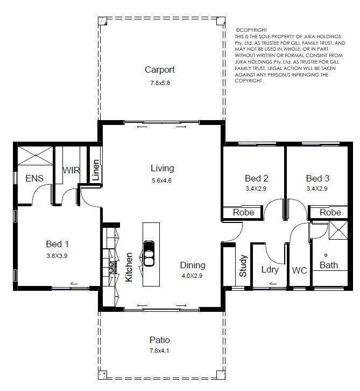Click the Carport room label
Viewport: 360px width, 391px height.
coord(160,70)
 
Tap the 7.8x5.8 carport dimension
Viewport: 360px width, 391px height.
coord(160,83)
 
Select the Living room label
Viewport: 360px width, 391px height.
coord(162,169)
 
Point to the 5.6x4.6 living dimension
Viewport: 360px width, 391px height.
coord(161,180)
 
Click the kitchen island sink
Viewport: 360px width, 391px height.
coord(149,254)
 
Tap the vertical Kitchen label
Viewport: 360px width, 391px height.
coord(129,267)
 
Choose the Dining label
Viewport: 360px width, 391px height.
coord(193,266)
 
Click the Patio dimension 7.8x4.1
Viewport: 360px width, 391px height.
coord(159,351)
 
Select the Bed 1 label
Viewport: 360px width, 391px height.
coord(57,244)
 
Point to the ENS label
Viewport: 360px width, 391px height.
coord(34,178)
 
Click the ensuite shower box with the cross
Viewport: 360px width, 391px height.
coord(35,156)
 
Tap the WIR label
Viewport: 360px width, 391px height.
coord(71,170)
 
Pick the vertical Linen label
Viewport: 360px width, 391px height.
coord(96,170)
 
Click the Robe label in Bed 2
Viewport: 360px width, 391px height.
coord(243,212)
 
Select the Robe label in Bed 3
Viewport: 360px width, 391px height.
coord(330,212)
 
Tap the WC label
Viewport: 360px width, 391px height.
coord(299,270)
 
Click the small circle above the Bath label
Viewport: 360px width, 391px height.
coord(326,255)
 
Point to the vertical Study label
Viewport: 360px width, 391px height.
coord(243,266)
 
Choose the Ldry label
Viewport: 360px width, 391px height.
coord(270,270)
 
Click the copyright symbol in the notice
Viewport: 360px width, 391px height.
coord(237,30)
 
